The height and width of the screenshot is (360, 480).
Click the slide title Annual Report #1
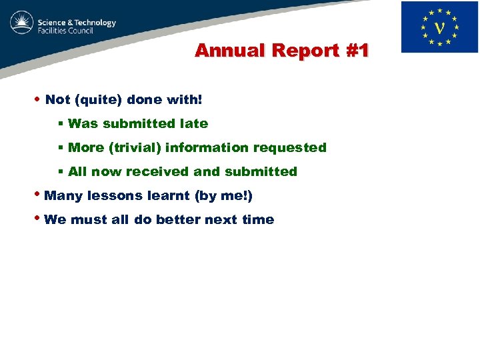click(281, 51)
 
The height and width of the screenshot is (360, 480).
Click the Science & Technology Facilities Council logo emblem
click(21, 24)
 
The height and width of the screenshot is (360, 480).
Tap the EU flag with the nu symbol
click(439, 27)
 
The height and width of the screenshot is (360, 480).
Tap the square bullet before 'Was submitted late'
click(60, 123)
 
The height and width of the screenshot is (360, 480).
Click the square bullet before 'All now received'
click(60, 171)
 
